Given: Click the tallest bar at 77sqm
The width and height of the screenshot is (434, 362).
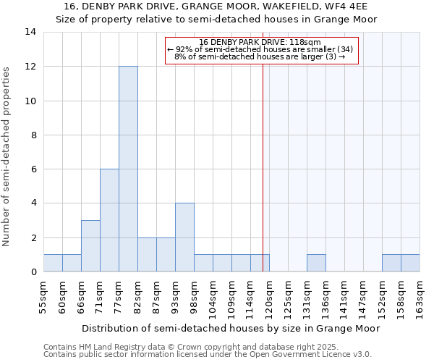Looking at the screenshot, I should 128,169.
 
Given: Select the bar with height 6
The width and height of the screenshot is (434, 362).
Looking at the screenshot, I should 109,220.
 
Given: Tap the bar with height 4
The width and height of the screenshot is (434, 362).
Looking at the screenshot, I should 184,237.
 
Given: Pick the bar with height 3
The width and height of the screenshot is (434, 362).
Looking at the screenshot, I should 90,246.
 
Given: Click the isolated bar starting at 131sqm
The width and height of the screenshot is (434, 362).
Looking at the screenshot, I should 316,264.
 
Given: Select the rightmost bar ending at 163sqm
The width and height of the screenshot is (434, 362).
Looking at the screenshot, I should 410,264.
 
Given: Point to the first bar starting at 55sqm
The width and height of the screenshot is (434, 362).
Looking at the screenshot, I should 53,264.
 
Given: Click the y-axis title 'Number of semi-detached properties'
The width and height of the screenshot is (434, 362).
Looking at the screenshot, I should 7,156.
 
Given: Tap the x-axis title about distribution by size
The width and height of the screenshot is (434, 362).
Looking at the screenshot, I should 231,329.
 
